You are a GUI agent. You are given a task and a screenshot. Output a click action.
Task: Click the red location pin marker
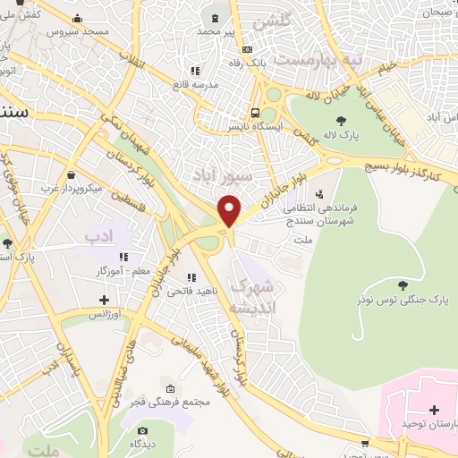(x=231, y=210)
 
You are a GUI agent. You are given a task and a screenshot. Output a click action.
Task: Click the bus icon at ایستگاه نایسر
(x=256, y=113)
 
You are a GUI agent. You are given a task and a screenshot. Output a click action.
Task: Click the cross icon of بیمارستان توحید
(x=435, y=410)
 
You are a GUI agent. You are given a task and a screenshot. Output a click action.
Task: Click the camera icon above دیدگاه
(x=140, y=431)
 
